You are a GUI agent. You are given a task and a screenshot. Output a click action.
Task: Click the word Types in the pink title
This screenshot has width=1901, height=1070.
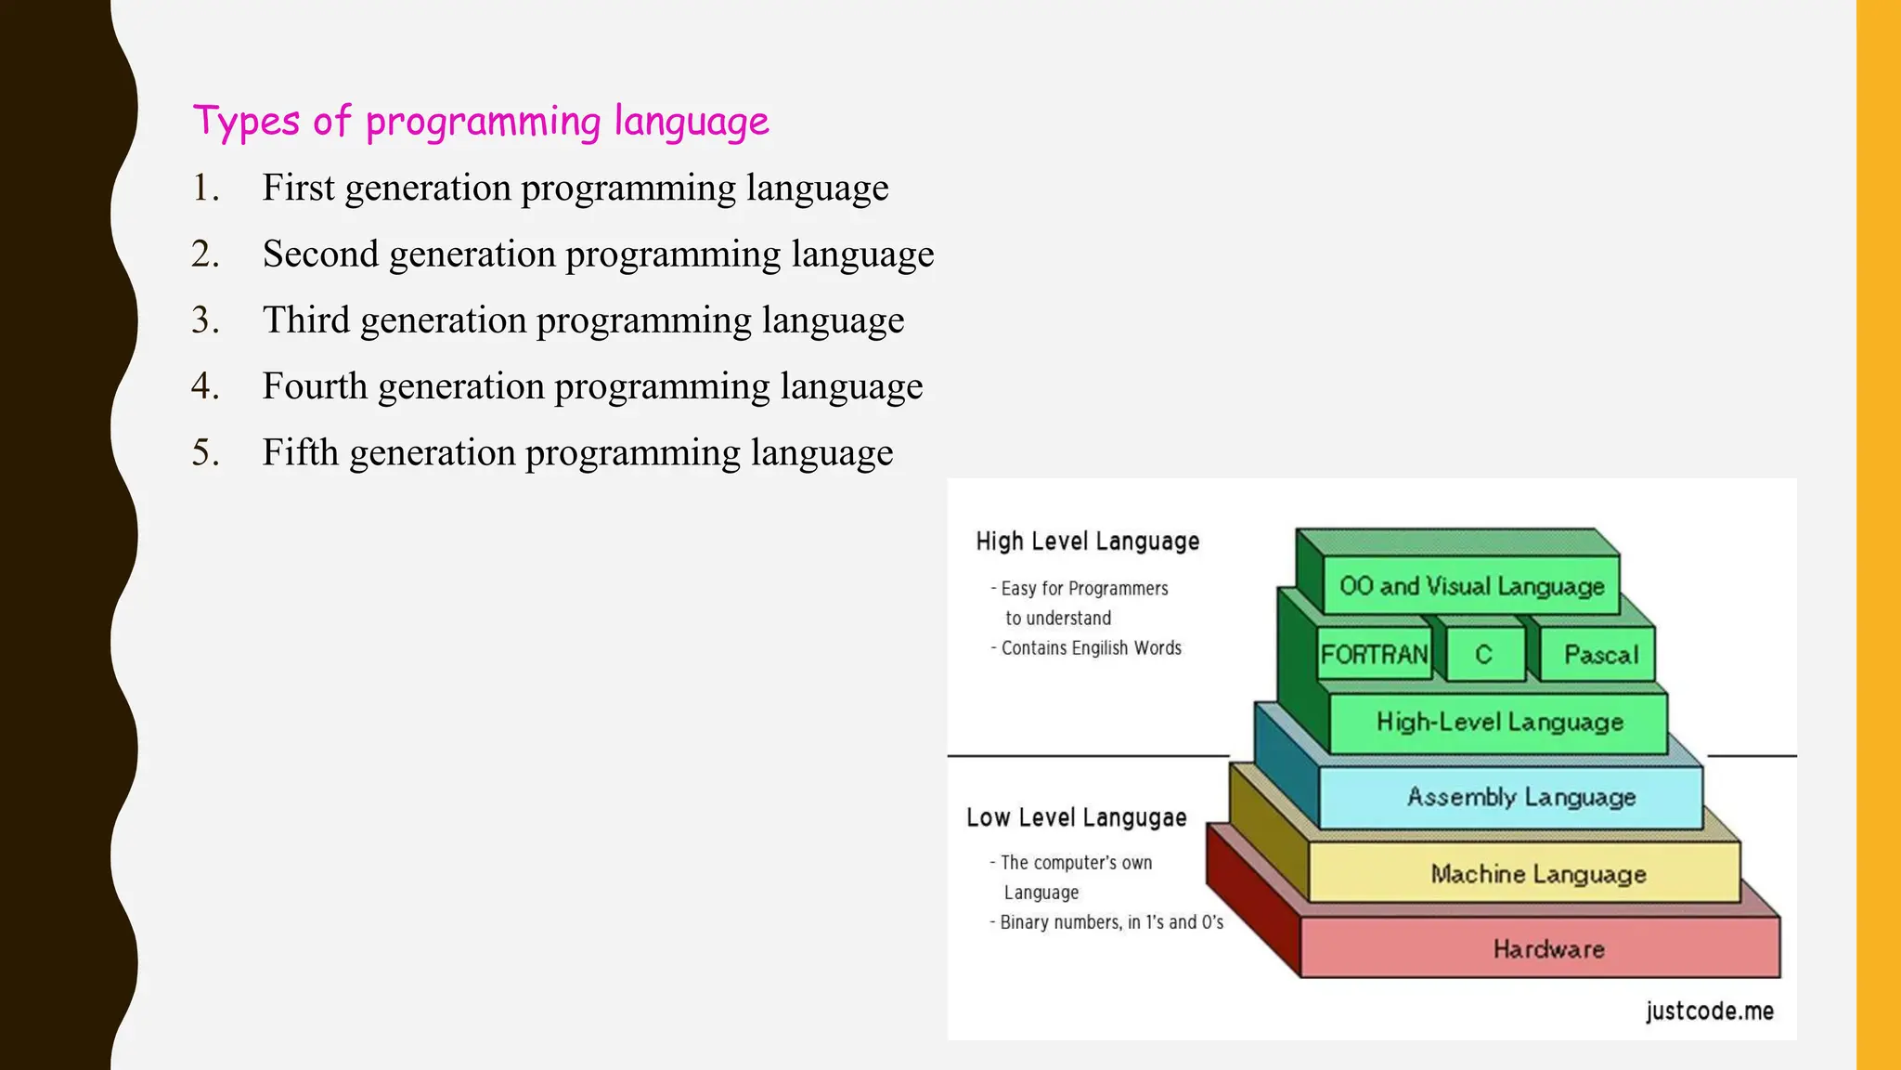pyautogui.click(x=246, y=123)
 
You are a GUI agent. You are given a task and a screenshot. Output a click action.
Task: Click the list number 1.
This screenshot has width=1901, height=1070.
pyautogui.click(x=205, y=189)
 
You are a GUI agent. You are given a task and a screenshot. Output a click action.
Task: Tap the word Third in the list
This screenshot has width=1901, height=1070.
pyautogui.click(x=305, y=320)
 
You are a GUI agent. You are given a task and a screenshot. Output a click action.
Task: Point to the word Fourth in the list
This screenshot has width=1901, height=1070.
pyautogui.click(x=315, y=386)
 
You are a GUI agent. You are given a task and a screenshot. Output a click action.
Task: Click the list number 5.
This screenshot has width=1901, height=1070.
pyautogui.click(x=205, y=453)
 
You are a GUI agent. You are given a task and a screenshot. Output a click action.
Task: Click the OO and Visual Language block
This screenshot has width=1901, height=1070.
pyautogui.click(x=1471, y=586)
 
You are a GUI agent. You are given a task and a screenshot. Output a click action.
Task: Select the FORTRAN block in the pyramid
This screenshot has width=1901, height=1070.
pyautogui.click(x=1374, y=655)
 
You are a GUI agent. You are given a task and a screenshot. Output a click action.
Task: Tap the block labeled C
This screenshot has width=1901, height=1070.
pyautogui.click(x=1483, y=655)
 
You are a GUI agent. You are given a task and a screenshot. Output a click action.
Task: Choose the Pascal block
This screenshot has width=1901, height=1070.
pyautogui.click(x=1600, y=655)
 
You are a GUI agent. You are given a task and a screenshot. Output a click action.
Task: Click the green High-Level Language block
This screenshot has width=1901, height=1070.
pyautogui.click(x=1499, y=722)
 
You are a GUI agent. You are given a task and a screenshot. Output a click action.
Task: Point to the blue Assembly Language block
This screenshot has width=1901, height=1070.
pyautogui.click(x=1520, y=797)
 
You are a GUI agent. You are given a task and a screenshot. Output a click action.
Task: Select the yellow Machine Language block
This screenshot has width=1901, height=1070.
pyautogui.click(x=1537, y=874)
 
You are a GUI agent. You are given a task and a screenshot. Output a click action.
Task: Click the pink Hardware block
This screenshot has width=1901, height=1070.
pyautogui.click(x=1548, y=948)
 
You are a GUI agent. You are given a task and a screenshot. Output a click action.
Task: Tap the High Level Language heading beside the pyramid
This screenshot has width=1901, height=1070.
pyautogui.click(x=1087, y=542)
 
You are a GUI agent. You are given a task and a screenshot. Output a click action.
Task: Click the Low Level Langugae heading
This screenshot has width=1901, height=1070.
pyautogui.click(x=1076, y=817)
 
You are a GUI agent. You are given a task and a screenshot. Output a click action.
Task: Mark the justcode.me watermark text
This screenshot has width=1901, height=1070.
pyautogui.click(x=1709, y=1011)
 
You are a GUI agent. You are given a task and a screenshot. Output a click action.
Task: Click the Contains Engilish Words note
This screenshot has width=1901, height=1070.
pyautogui.click(x=1090, y=648)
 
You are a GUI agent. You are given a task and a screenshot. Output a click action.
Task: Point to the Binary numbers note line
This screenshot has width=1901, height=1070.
pyautogui.click(x=1110, y=922)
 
